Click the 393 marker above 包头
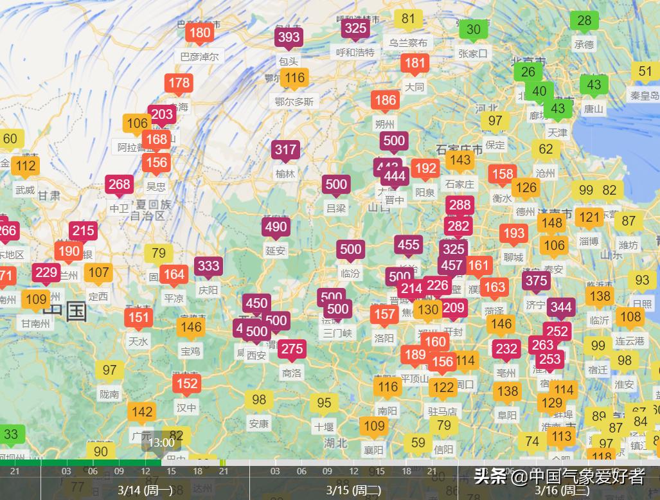tap(289, 37)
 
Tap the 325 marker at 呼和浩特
tap(355, 28)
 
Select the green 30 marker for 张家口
tap(473, 30)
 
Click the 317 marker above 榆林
tap(285, 150)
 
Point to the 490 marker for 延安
tap(276, 227)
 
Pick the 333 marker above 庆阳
tap(208, 266)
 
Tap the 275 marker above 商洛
tap(292, 349)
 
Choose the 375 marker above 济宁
tap(536, 280)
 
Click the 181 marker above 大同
tap(415, 63)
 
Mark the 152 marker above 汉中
tap(186, 384)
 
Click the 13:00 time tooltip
tap(161, 442)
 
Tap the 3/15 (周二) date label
tap(353, 490)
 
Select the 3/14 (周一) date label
tap(144, 490)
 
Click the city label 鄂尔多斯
tap(294, 102)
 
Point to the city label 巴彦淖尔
tap(199, 57)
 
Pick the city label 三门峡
tap(337, 333)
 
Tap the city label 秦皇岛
tap(645, 96)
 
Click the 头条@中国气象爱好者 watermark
tap(558, 476)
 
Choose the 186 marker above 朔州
tap(385, 100)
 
